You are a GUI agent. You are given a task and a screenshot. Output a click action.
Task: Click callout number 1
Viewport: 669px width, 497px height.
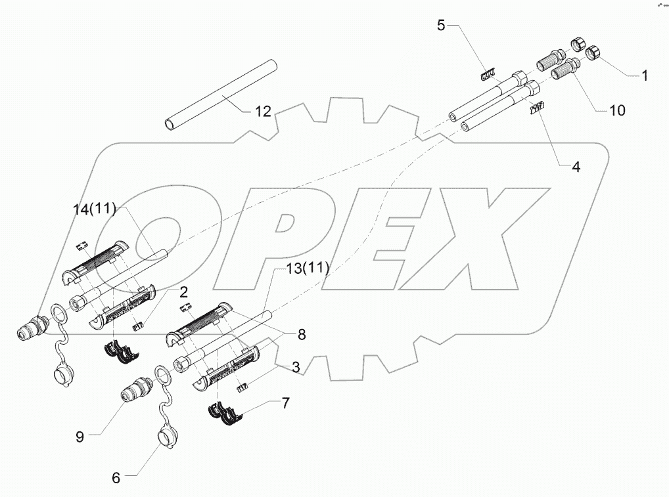(645, 76)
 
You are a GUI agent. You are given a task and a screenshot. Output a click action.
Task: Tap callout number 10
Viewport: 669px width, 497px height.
(617, 110)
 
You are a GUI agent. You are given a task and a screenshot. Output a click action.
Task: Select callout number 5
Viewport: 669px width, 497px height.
(441, 26)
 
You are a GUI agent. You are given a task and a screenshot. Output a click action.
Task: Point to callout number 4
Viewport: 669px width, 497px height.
(576, 167)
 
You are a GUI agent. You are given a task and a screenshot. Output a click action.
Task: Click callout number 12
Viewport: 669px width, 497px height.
(262, 112)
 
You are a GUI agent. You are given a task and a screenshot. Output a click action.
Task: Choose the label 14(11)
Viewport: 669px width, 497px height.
(95, 210)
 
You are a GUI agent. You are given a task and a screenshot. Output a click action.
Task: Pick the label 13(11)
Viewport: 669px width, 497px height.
(307, 268)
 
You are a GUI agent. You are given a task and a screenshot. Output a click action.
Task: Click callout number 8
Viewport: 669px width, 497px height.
(301, 334)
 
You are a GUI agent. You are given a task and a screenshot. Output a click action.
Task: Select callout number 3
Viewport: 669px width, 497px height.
(296, 368)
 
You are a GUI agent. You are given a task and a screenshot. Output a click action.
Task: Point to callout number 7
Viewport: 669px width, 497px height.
(285, 403)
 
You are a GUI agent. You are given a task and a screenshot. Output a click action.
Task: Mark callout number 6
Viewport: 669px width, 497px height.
(116, 478)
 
